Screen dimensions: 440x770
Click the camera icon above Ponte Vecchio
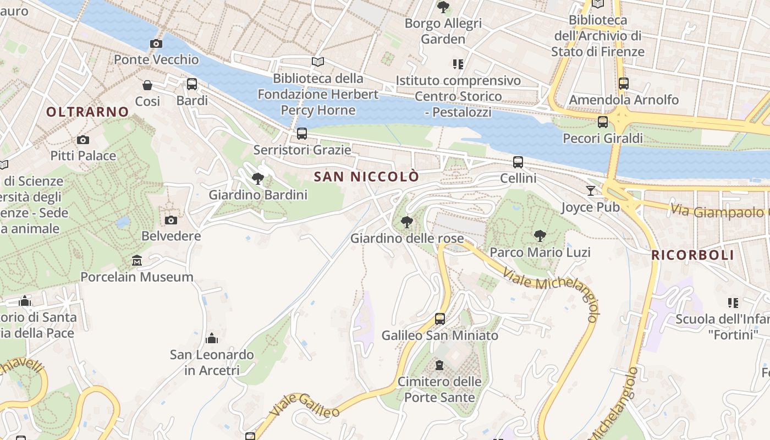coord(156,43)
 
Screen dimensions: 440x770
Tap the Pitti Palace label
coord(83,156)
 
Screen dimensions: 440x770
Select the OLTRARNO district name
coord(87,112)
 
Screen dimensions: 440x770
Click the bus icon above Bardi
coord(192,84)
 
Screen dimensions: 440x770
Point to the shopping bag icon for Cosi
coord(147,85)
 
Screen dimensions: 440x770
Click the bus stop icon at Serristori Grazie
coord(302,133)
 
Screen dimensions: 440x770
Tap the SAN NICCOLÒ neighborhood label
coord(366,177)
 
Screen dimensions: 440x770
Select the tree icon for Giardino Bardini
coord(257,178)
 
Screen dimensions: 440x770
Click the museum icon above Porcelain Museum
coord(137,260)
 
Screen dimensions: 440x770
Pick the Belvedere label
coord(171,236)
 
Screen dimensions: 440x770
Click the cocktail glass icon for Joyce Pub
coord(591,190)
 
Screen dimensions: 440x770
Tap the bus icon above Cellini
coord(518,162)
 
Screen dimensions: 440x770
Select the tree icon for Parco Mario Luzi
coord(540,236)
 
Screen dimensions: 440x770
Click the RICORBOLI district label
coord(692,255)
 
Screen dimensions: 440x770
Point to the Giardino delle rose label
coord(407,239)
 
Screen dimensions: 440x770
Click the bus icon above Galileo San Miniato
coord(440,318)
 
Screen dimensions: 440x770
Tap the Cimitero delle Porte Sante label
coord(439,389)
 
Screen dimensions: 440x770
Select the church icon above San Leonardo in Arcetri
coord(212,338)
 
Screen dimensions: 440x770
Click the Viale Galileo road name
coord(304,405)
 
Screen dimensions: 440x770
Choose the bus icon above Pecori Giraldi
coord(603,122)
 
